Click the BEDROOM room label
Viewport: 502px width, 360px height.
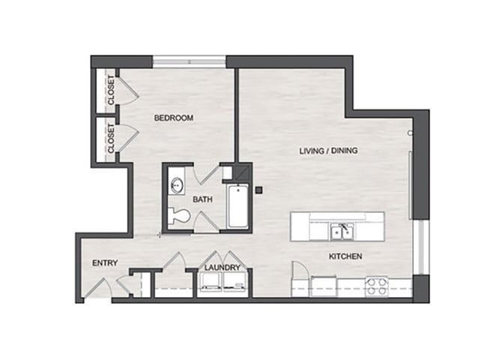(x=174, y=118)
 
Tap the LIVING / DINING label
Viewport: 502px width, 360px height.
(x=328, y=151)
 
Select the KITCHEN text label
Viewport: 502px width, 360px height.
(x=345, y=256)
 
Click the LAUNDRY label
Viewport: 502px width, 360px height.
(x=222, y=267)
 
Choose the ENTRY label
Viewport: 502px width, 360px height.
(x=104, y=263)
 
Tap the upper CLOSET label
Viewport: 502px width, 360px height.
(x=111, y=90)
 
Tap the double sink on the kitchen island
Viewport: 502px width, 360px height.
(x=344, y=231)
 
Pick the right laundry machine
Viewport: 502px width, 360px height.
(x=236, y=282)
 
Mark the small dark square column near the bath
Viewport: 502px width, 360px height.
(x=259, y=190)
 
